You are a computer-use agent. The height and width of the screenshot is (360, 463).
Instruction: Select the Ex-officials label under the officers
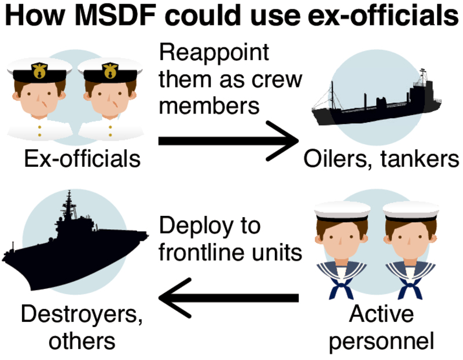tap(82, 157)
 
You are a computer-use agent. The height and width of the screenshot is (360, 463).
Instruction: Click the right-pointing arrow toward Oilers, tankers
tap(229, 141)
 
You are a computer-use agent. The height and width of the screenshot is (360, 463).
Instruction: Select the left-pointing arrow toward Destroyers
tap(229, 297)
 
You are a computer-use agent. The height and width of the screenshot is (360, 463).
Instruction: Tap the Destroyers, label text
tap(82, 315)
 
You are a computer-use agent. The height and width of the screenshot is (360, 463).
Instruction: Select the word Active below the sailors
tap(382, 315)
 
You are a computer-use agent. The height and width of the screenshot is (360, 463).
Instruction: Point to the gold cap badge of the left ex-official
tap(39, 71)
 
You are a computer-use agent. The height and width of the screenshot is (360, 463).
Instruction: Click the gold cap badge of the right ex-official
tap(110, 71)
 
